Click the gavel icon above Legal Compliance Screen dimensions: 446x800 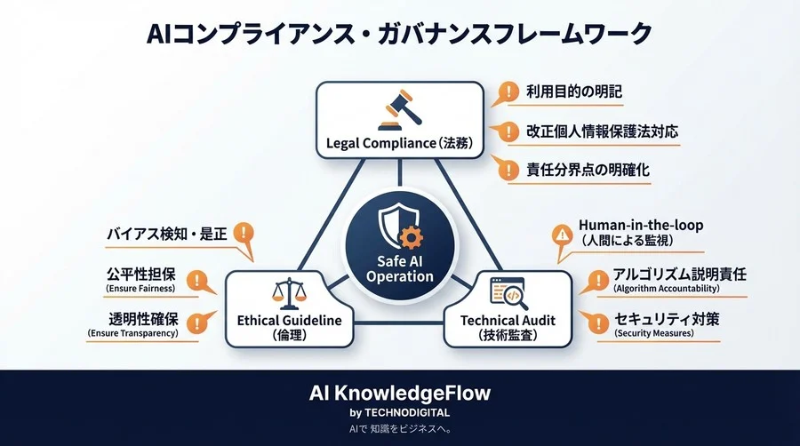(398, 110)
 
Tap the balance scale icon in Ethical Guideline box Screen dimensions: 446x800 (286, 295)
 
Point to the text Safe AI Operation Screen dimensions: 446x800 (400, 267)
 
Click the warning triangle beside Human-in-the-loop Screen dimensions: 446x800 (562, 235)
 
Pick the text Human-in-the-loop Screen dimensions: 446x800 (640, 225)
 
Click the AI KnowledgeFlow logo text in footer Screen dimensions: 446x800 (399, 392)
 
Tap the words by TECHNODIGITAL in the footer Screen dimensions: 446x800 (399, 412)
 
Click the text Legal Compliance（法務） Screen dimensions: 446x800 (398, 143)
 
